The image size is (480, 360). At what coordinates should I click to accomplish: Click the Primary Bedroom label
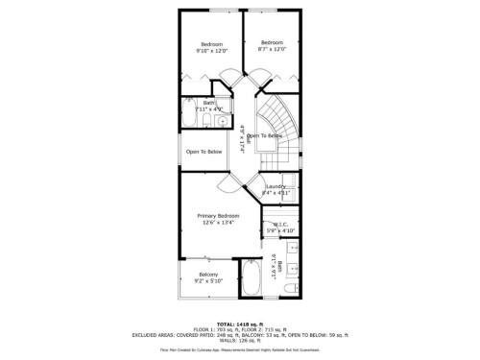218,216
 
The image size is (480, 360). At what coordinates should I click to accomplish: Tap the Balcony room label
208,275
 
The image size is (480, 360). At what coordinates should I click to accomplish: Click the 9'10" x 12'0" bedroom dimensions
211,50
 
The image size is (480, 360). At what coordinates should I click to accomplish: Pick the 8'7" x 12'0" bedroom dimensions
273,49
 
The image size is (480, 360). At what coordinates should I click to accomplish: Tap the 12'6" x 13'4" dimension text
218,223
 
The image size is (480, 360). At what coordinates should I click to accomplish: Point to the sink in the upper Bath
223,119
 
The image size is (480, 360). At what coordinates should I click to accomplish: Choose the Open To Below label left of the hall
204,152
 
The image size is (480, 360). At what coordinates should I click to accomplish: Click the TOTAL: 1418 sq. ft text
239,324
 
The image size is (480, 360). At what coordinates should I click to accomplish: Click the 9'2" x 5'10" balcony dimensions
208,281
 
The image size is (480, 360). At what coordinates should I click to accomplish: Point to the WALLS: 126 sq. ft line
239,340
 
